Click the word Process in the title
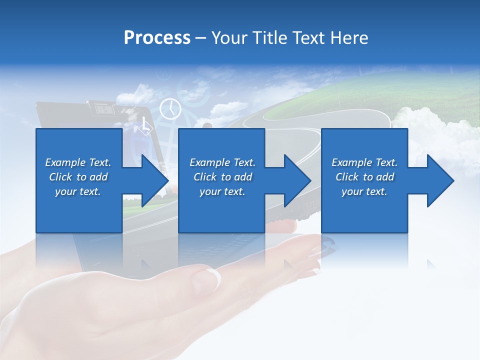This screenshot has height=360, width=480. click(157, 38)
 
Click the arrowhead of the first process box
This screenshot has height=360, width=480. click(155, 180)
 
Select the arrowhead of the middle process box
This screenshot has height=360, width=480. click(298, 180)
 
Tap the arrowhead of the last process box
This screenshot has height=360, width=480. click(441, 180)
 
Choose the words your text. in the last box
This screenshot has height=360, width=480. click(364, 191)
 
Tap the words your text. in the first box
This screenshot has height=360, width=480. click(77, 191)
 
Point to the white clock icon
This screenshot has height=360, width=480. click(170, 108)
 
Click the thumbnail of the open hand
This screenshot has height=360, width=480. click(214, 276)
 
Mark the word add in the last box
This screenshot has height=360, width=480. click(385, 177)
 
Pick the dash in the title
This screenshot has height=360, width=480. click(200, 38)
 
